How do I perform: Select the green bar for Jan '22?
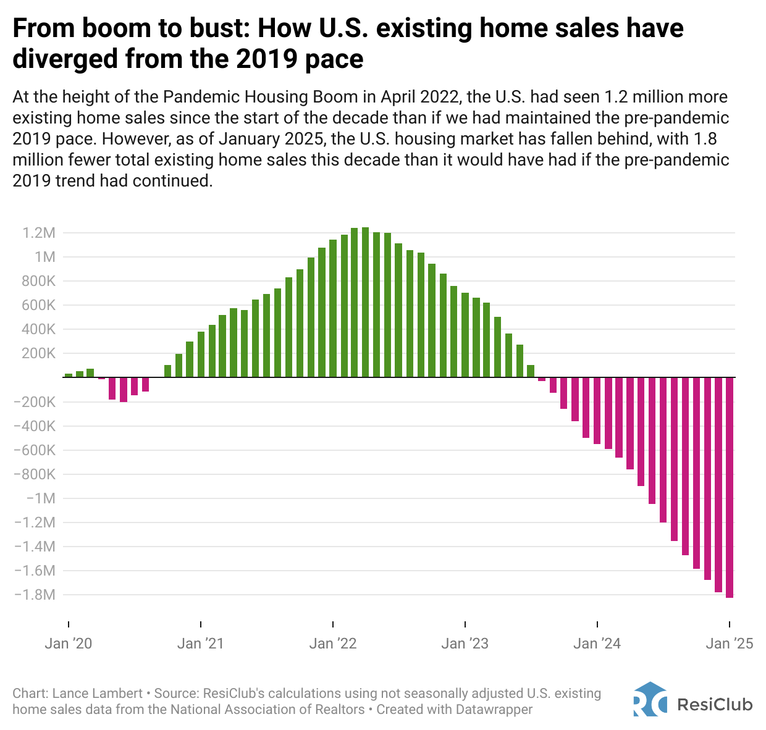(x=333, y=308)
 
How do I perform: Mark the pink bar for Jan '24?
(x=597, y=410)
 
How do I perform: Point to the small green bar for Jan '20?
(x=69, y=375)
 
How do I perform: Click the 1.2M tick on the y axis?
(x=40, y=233)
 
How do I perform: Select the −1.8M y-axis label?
(x=35, y=595)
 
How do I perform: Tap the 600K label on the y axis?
(x=39, y=305)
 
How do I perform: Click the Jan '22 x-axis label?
(x=333, y=644)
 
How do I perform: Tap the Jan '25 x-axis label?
(x=730, y=644)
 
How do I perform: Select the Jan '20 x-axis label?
(x=69, y=644)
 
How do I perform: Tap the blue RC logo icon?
(x=650, y=699)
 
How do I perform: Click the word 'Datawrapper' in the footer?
(x=494, y=710)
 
